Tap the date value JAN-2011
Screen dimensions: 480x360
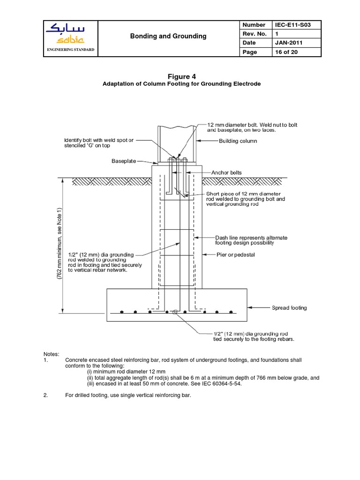[286, 43]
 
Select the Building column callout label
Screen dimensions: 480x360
[238, 141]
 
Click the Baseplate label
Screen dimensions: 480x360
[123, 161]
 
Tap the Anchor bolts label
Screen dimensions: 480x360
[226, 172]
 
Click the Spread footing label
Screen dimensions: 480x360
[289, 308]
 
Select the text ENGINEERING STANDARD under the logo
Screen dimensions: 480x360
[70, 49]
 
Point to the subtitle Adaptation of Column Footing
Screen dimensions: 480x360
[181, 83]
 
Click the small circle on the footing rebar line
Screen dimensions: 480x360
[174, 312]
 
